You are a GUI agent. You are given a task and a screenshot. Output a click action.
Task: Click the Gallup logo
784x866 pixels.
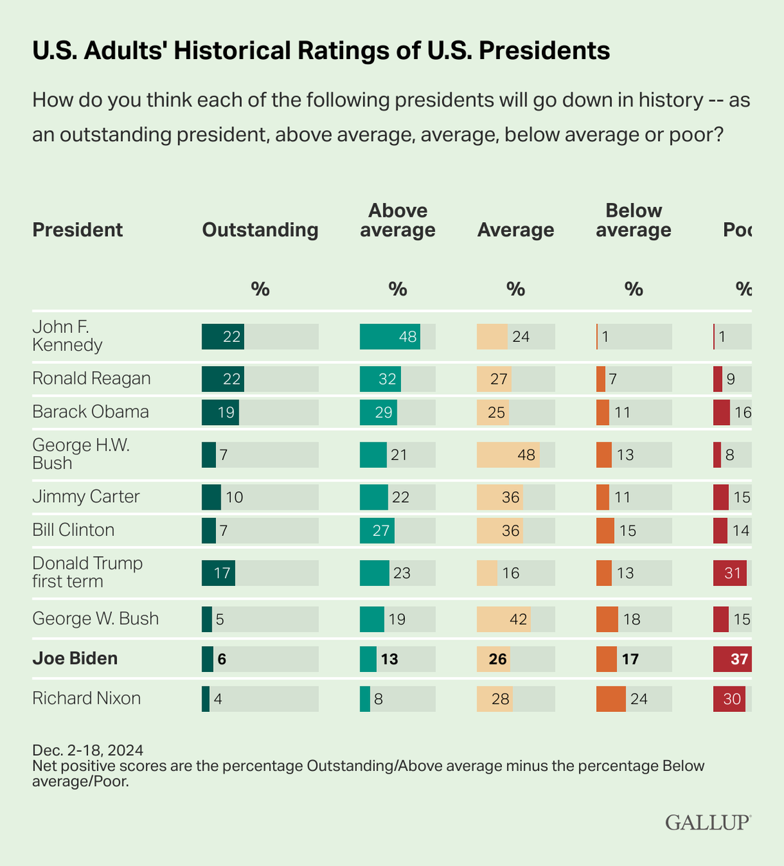click(x=708, y=822)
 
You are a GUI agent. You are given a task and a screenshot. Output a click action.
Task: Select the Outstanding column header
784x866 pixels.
click(x=260, y=230)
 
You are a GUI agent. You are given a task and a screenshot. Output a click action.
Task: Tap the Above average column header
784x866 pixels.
click(x=398, y=220)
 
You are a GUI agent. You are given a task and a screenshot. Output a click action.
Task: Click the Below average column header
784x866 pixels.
click(x=633, y=220)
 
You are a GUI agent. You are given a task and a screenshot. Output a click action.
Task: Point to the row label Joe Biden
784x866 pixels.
click(x=75, y=658)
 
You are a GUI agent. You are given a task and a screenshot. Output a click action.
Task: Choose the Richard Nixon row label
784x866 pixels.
click(x=87, y=698)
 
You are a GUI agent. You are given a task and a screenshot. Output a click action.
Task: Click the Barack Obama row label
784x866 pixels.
click(x=91, y=412)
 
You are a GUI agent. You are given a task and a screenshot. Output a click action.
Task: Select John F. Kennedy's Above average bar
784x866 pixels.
click(x=390, y=336)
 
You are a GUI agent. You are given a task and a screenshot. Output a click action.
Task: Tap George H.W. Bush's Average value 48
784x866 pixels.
click(x=526, y=455)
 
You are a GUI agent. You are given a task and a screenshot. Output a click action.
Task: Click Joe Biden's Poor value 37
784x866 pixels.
click(x=739, y=659)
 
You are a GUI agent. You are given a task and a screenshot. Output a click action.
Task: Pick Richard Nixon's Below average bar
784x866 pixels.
click(x=611, y=699)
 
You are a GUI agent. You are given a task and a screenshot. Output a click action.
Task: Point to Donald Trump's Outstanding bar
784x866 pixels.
click(x=218, y=573)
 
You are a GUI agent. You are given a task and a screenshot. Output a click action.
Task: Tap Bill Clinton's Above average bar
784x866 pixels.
click(x=377, y=530)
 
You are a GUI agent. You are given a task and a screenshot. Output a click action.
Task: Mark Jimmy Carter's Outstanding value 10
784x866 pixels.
click(x=235, y=497)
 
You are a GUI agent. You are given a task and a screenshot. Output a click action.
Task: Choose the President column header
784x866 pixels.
click(x=78, y=230)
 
